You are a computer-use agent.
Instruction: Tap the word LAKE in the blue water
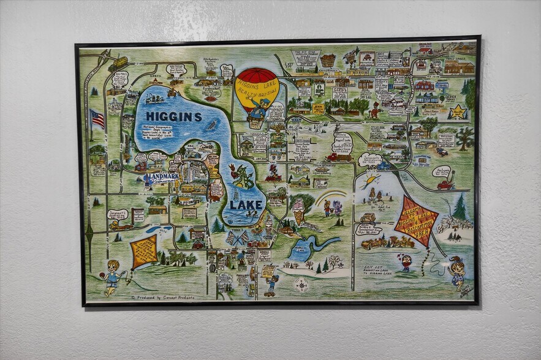244,206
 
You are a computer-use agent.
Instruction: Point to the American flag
97,118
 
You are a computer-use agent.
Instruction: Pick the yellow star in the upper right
458,112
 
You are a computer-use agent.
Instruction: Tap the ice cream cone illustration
299,214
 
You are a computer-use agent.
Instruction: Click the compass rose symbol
301,285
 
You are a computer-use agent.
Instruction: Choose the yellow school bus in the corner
118,62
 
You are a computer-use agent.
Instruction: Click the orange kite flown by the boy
144,251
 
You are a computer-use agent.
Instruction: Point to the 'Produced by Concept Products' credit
163,297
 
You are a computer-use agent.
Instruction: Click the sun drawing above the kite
371,181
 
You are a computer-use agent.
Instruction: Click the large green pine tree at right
460,207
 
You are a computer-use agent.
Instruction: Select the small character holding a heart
405,262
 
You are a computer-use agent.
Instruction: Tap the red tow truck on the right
446,182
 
